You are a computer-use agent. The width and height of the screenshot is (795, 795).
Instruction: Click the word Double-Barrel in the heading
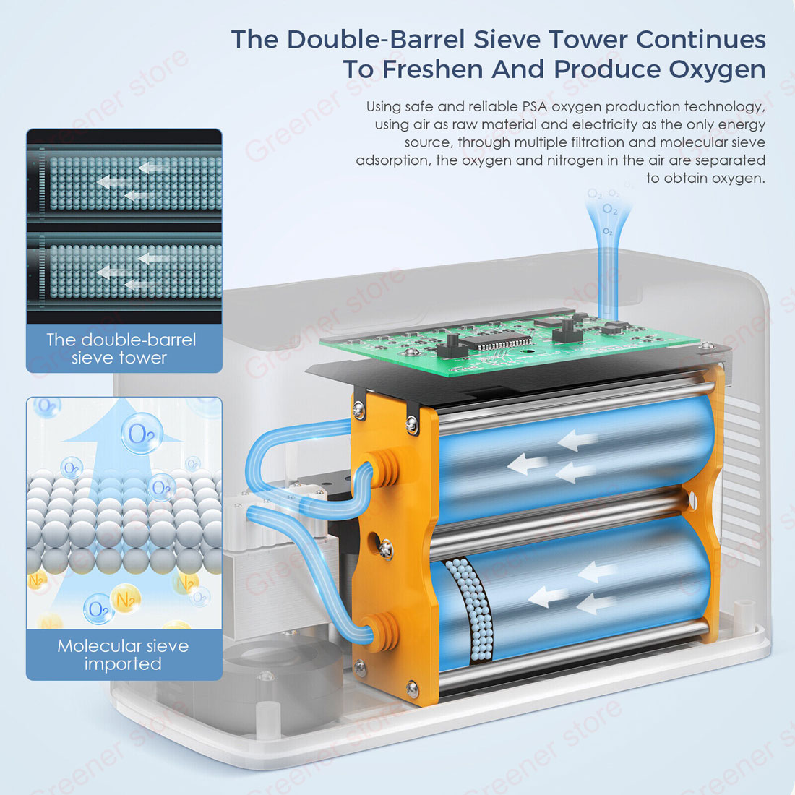pos(376,40)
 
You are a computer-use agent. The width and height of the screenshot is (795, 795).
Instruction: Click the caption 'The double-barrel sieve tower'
pos(121,348)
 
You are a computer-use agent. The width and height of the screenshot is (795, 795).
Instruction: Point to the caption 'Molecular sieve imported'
pos(123,655)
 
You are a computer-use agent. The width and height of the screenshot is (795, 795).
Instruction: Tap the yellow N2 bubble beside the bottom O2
pos(125,599)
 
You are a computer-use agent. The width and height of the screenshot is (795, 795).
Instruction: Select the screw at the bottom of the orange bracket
pos(413,689)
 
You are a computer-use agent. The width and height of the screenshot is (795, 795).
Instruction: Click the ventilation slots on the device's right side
pos(744,476)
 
